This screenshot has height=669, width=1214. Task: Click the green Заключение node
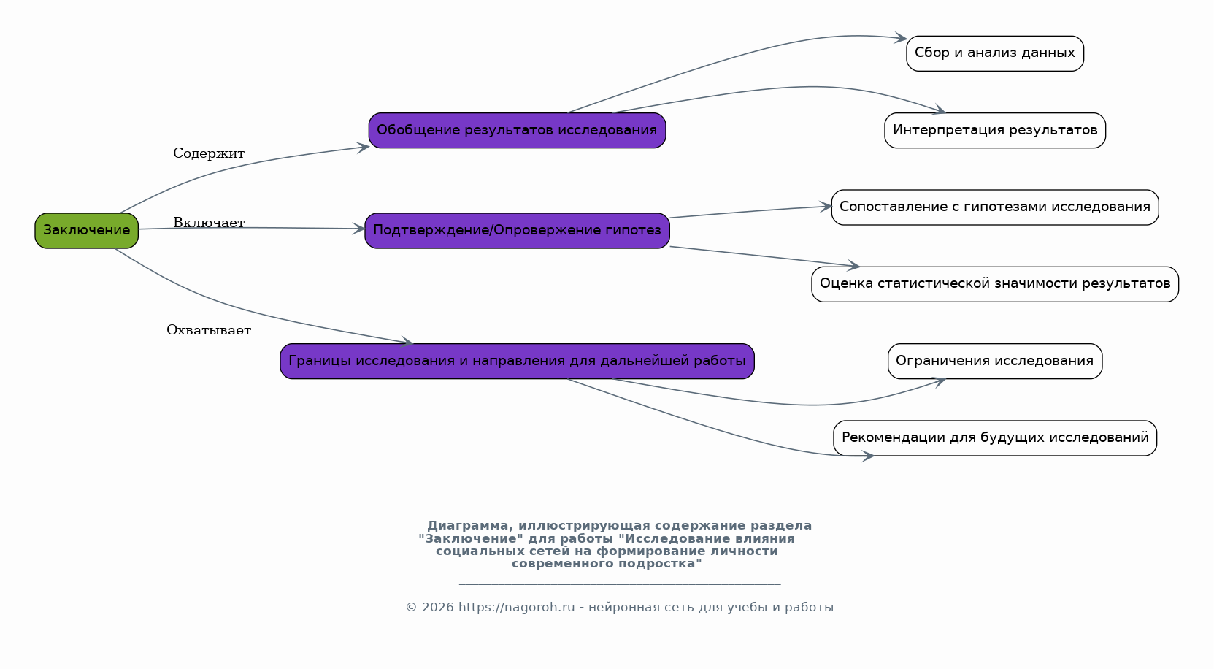point(86,230)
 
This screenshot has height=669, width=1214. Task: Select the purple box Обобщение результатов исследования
point(517,130)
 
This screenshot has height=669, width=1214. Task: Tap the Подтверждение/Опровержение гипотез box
point(517,230)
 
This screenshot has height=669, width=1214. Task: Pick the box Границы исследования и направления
point(517,361)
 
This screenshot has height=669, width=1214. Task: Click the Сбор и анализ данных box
point(995,53)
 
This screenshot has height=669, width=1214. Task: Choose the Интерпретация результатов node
point(995,130)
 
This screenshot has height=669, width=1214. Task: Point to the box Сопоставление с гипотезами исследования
point(995,207)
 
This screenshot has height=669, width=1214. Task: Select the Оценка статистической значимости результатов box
point(995,284)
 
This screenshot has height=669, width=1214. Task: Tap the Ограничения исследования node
point(995,361)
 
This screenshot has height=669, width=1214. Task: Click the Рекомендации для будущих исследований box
point(995,438)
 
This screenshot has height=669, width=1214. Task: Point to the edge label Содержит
point(209,153)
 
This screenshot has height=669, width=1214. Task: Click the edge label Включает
point(209,223)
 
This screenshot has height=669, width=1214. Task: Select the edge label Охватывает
point(209,330)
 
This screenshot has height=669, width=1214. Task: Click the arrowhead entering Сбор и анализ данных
point(902,38)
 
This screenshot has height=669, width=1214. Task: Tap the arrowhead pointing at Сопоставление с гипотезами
point(826,206)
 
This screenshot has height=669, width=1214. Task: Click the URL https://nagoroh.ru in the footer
point(517,607)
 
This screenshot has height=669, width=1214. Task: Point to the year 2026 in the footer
point(438,607)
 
